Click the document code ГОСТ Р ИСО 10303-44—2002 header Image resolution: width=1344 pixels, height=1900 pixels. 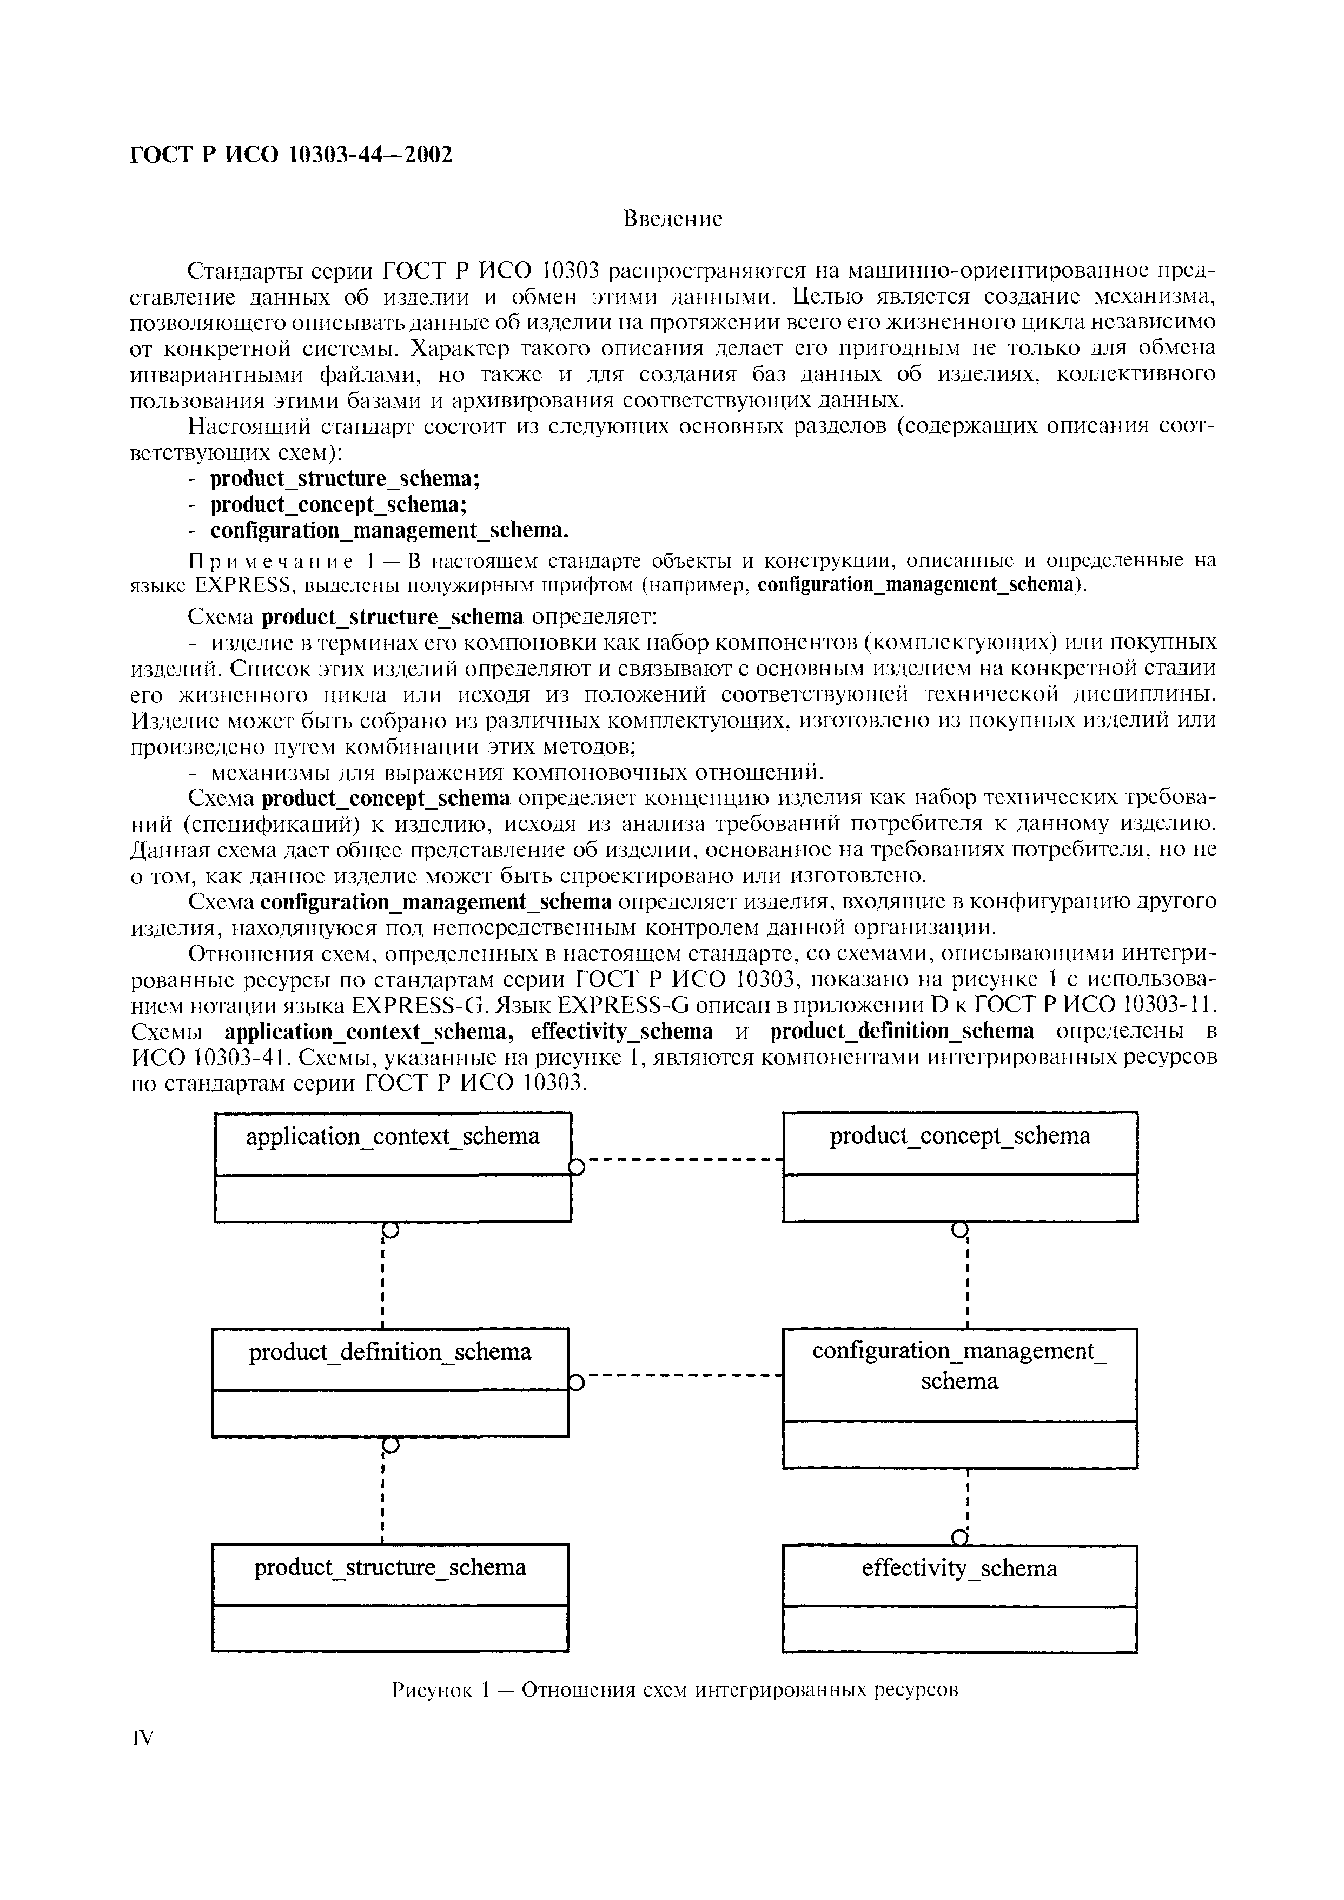coord(292,155)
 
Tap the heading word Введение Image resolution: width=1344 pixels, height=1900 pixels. coord(672,219)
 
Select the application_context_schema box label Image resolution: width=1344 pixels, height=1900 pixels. coord(392,1136)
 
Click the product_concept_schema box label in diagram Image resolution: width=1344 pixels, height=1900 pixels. coord(960,1136)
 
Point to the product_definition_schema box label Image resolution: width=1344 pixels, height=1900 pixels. coord(390,1352)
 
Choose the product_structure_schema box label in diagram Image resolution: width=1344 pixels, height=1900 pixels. coord(390,1567)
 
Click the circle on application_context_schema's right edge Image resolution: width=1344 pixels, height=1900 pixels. coord(577,1167)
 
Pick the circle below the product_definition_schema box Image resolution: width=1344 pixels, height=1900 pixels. coord(390,1446)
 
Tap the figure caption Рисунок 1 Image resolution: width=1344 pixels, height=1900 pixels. coord(674,1690)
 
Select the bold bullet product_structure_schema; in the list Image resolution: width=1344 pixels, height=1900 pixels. coord(345,479)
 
